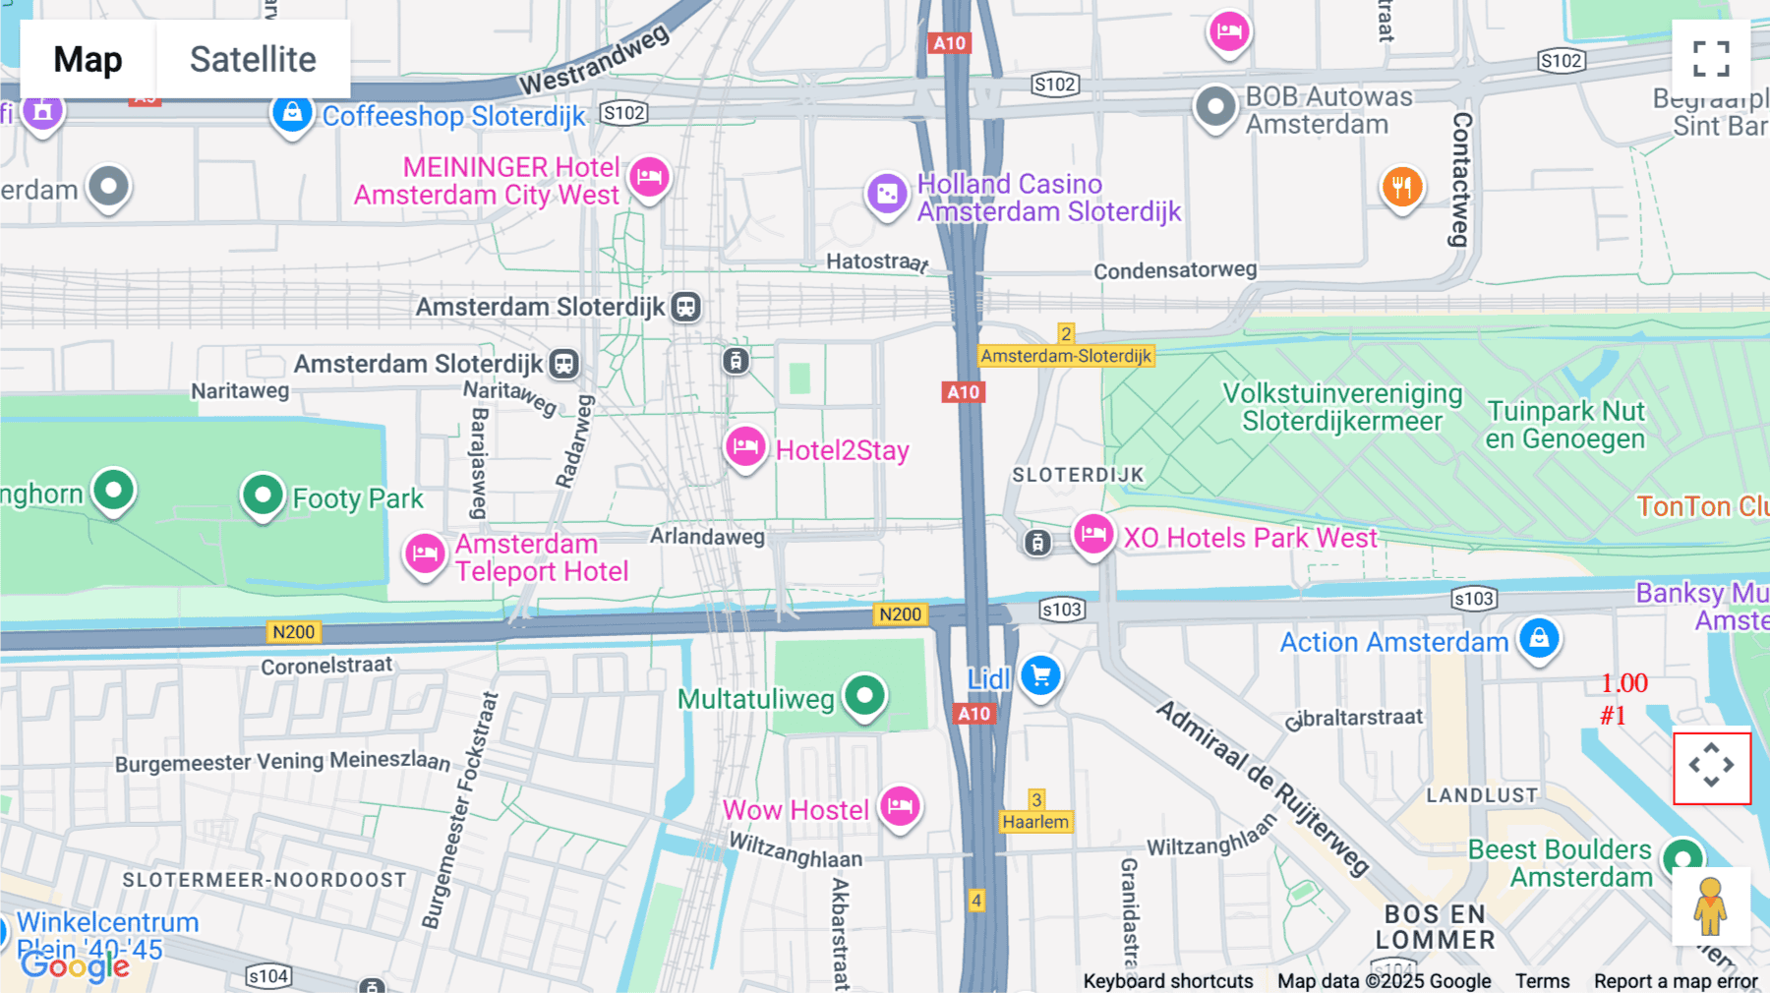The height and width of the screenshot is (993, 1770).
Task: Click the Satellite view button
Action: tap(253, 59)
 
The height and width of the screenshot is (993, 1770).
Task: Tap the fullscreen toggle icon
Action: tap(1711, 59)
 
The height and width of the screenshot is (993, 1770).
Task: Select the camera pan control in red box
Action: tap(1712, 767)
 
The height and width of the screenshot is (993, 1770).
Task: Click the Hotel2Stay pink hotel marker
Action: tap(745, 447)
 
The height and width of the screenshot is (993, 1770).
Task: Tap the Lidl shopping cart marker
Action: tap(1040, 675)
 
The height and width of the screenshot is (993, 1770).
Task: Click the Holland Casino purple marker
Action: tap(886, 194)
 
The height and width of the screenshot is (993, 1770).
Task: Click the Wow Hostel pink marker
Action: tap(899, 807)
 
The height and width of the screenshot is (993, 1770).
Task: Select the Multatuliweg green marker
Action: tap(864, 696)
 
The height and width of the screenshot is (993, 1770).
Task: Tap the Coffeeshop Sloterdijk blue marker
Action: tap(292, 114)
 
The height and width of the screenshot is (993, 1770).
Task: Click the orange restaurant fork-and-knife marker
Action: tap(1401, 186)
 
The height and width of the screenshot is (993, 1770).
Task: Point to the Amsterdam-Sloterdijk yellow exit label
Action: tap(1066, 356)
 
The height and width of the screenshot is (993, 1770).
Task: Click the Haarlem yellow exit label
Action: tap(1034, 822)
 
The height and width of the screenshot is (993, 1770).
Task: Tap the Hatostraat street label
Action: tap(876, 262)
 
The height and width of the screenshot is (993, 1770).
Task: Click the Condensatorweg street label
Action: tap(1175, 269)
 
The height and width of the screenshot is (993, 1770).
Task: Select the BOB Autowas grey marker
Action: tap(1215, 106)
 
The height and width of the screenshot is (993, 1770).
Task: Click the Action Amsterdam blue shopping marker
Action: tap(1539, 639)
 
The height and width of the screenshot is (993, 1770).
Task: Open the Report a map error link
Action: tap(1676, 981)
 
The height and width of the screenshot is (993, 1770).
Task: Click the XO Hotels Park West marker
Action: tap(1092, 535)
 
